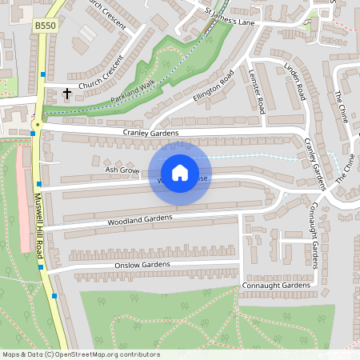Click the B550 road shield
pyautogui.click(x=46, y=26)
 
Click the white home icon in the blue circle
pyautogui.click(x=180, y=173)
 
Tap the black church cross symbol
pyautogui.click(x=66, y=94)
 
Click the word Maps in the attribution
pyautogui.click(x=11, y=354)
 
